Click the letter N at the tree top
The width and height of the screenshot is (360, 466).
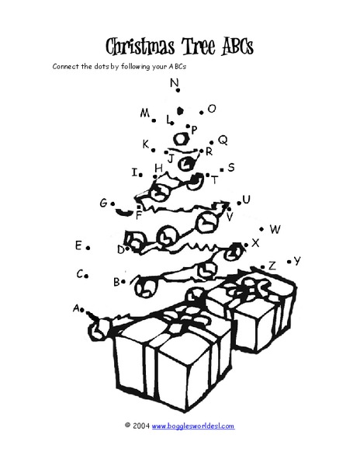pyautogui.click(x=175, y=82)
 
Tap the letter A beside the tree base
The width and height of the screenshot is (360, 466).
pyautogui.click(x=77, y=308)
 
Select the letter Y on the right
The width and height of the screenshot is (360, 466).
pyautogui.click(x=296, y=261)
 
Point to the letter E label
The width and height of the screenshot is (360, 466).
pyautogui.click(x=78, y=245)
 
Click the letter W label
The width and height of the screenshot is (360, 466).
pyautogui.click(x=275, y=229)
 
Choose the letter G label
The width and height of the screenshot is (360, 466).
pyautogui.click(x=103, y=203)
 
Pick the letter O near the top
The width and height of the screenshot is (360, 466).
pyautogui.click(x=212, y=110)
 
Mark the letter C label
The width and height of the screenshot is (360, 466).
pyautogui.click(x=80, y=273)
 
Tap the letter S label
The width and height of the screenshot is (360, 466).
pyautogui.click(x=230, y=167)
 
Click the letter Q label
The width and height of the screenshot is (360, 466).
pyautogui.click(x=223, y=141)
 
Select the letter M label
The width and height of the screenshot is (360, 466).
pyautogui.click(x=145, y=113)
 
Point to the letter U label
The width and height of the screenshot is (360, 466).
pyautogui.click(x=247, y=200)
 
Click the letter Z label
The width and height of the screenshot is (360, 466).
pyautogui.click(x=272, y=266)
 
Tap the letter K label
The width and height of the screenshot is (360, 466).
pyautogui.click(x=145, y=144)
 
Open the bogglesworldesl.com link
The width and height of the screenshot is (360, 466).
pyautogui.click(x=192, y=426)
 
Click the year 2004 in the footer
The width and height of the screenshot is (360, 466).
pyautogui.click(x=141, y=426)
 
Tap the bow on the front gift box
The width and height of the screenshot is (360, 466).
pyautogui.click(x=181, y=318)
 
